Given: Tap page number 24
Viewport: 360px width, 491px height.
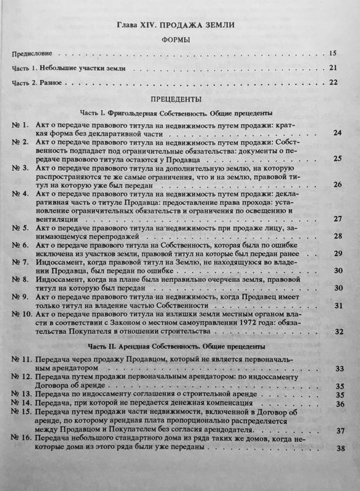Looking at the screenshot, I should [x=338, y=132].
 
